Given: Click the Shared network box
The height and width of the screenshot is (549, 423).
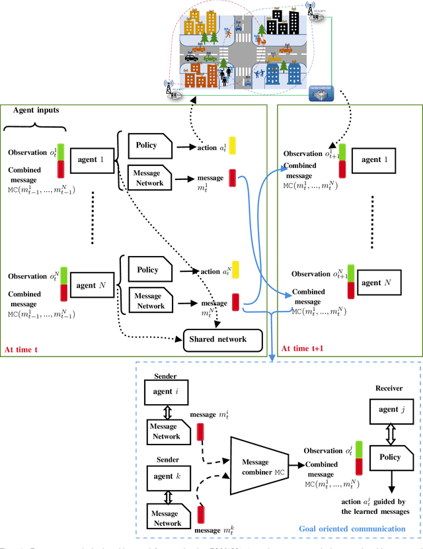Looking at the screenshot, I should click(223, 340).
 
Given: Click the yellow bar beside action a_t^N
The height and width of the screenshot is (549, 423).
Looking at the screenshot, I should click(235, 270).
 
